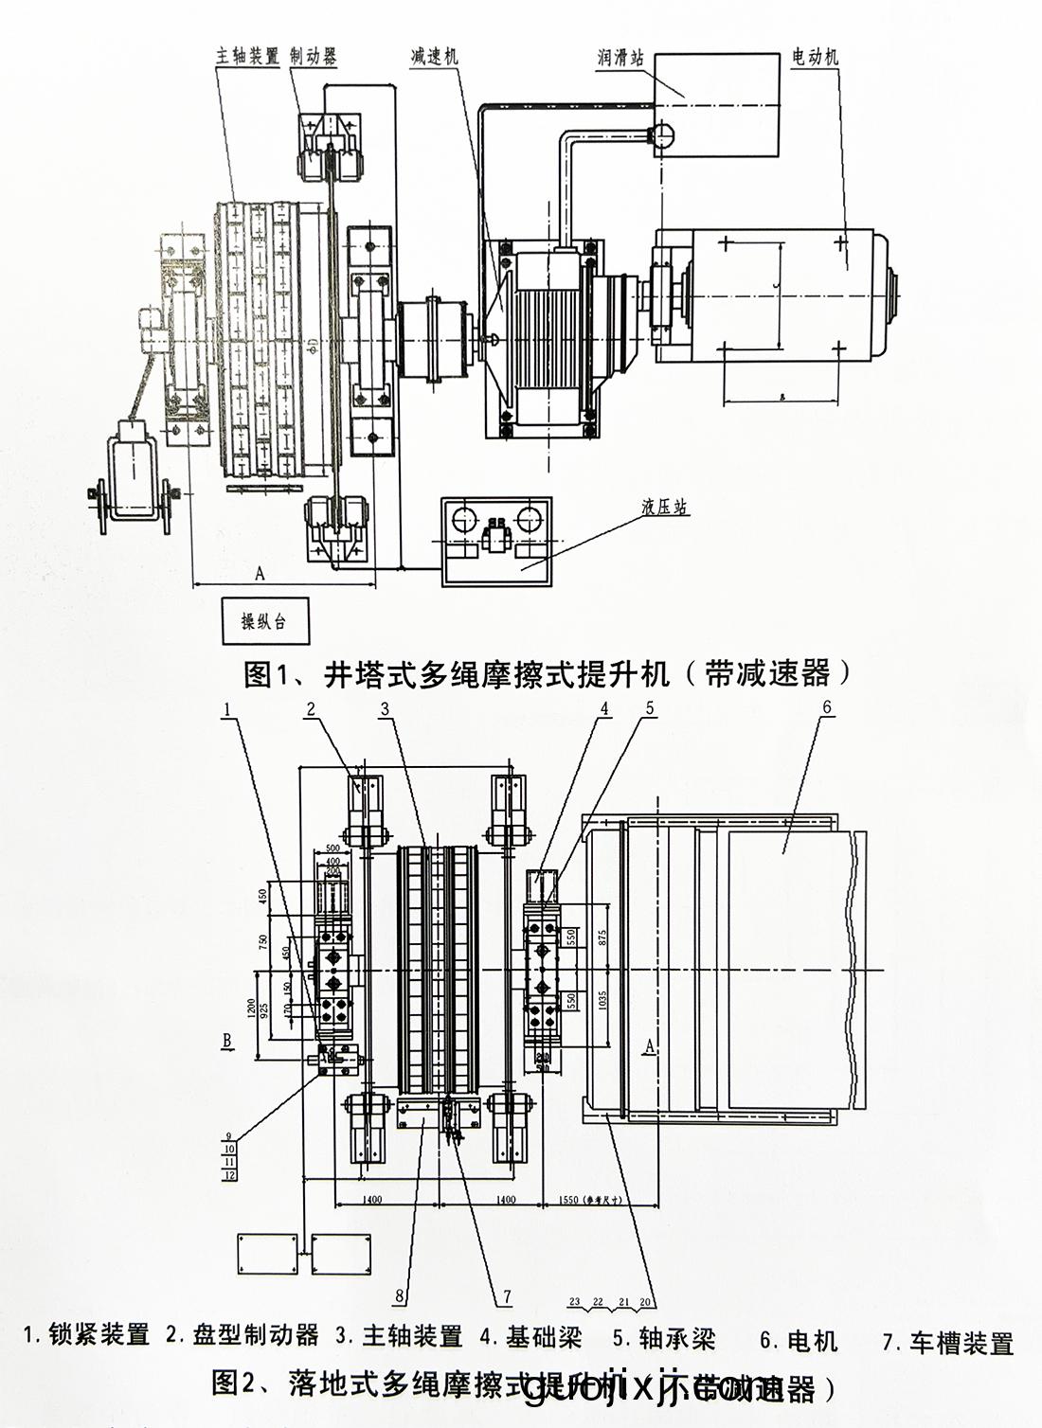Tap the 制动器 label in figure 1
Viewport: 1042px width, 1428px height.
point(314,56)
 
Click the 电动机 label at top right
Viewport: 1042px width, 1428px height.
point(815,58)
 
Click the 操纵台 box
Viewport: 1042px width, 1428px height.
point(263,622)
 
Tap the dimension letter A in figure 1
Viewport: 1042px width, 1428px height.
point(260,573)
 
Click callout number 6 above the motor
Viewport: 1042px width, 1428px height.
point(826,707)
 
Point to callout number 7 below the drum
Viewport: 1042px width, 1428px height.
point(507,1296)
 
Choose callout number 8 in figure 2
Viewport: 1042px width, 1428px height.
point(400,1296)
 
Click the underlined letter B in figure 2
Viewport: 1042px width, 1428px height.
point(227,1042)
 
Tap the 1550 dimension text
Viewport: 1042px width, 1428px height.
point(565,1199)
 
